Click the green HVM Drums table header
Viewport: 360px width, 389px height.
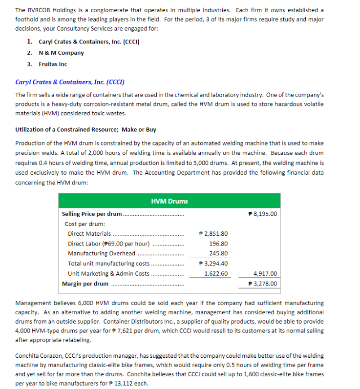169,201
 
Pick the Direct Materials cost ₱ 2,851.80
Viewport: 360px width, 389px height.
213,234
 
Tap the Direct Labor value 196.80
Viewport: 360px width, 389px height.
218,244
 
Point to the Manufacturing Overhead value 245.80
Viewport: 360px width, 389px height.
218,253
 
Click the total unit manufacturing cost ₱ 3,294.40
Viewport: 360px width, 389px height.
213,264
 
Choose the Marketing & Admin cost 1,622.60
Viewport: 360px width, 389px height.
216,274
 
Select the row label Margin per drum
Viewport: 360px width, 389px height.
85,284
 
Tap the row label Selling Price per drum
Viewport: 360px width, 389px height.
92,214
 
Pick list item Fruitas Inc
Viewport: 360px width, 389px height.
52,64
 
